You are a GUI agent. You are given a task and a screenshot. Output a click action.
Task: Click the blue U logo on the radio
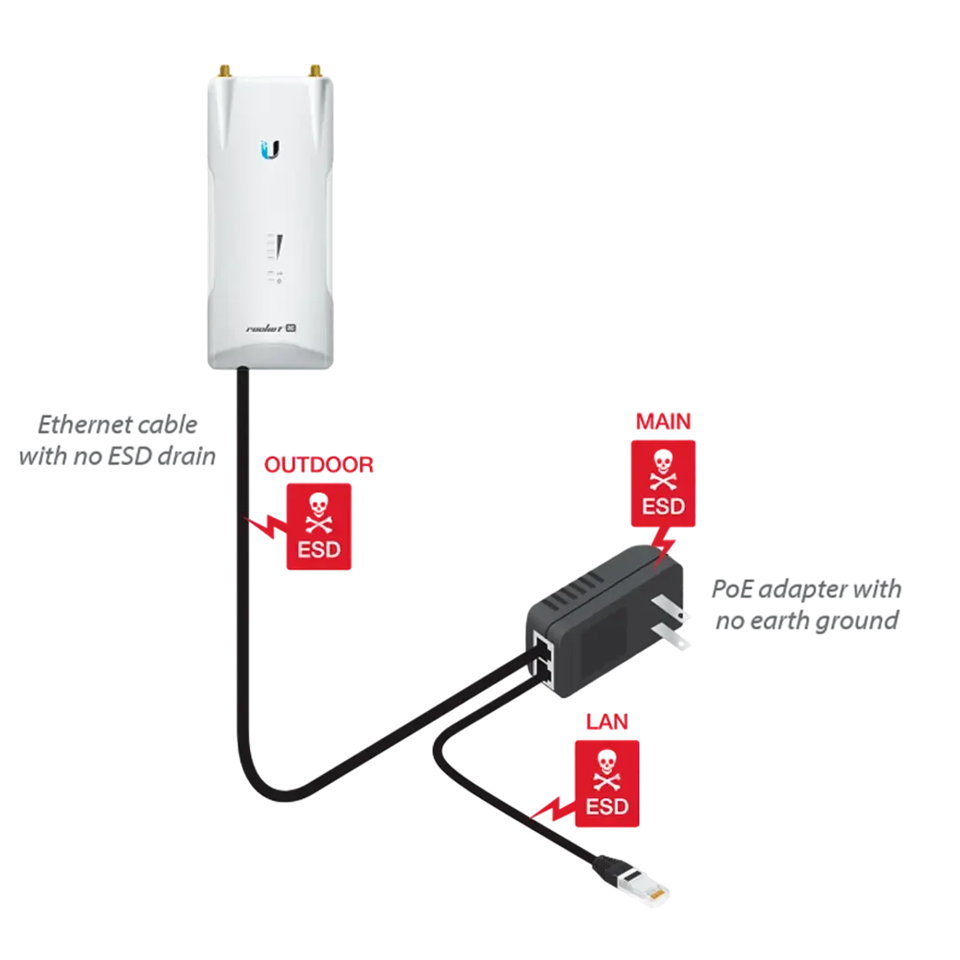(x=271, y=149)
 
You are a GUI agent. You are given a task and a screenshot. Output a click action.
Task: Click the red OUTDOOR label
(x=319, y=465)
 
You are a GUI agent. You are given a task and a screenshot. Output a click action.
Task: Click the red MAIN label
(x=664, y=421)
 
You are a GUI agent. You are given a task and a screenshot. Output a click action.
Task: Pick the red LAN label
(x=606, y=722)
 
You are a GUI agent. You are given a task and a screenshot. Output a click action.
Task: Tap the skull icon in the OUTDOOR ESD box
(x=319, y=515)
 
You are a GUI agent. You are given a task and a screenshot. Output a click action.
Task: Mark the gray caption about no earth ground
(x=804, y=605)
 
